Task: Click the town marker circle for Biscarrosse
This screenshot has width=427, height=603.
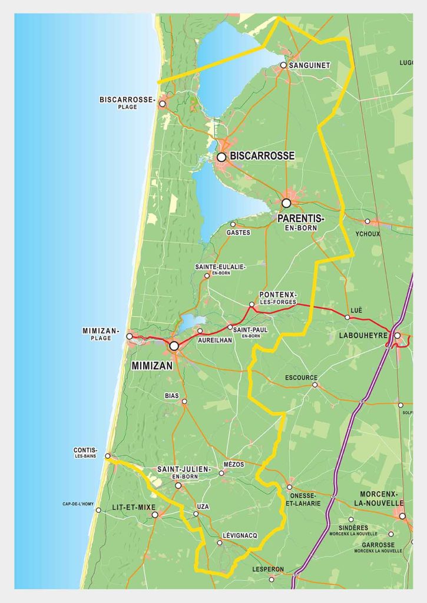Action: coord(221,157)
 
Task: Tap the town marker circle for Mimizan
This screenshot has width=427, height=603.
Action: coord(174,346)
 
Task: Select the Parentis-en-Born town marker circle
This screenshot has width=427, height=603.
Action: coord(286,203)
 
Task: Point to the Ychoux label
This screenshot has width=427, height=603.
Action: coord(368,233)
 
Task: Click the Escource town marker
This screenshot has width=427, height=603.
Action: coord(315,385)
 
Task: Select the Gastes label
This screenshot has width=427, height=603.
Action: coord(239,233)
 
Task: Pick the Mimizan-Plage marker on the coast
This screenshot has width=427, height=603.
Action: coord(130,336)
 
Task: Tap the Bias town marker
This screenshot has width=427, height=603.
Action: coord(184,402)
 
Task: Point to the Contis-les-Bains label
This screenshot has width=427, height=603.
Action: coord(85,453)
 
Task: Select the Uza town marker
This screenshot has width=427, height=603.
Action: coord(196,513)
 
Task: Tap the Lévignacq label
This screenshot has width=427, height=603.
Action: coord(240,535)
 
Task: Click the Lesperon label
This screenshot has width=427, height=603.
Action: coord(268,569)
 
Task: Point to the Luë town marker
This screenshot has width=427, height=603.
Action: coord(347,317)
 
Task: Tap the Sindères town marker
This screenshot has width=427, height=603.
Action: coord(351,519)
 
